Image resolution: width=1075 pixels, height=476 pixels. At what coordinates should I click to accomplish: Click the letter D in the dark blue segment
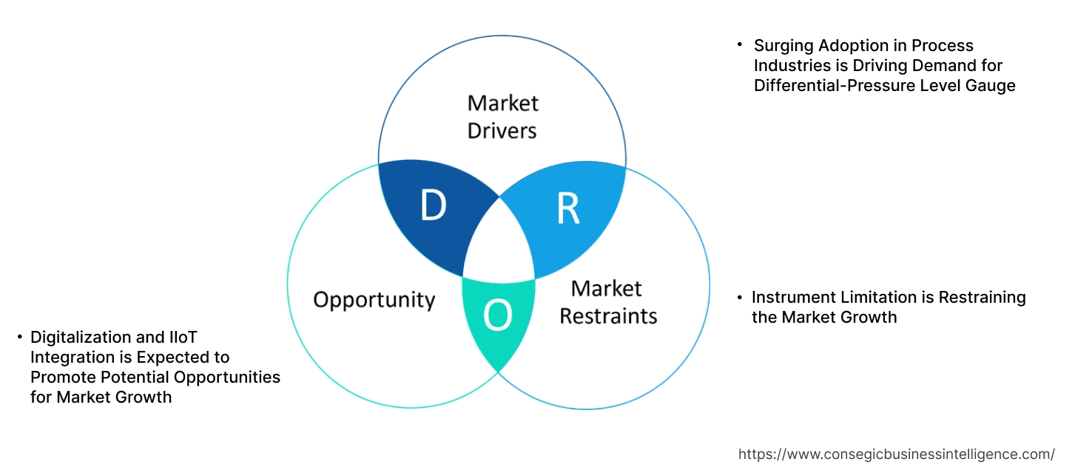[434, 206]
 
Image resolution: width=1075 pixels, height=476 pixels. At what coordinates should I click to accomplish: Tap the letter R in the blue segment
[567, 209]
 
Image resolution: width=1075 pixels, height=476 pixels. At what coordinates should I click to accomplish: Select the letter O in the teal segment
[497, 317]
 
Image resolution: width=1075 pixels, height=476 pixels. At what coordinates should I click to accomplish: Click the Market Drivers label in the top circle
[503, 116]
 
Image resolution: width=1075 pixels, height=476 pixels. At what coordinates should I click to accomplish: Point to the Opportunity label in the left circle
[374, 300]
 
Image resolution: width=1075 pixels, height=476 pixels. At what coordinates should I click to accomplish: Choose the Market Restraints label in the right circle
[607, 302]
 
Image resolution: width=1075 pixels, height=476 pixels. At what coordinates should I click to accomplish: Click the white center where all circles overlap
[500, 244]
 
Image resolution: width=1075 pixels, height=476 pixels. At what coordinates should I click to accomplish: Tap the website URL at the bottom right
[897, 455]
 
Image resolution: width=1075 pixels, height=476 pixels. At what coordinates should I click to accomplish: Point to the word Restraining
[983, 298]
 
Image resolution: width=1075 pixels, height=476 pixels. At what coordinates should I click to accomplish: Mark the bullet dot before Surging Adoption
[739, 45]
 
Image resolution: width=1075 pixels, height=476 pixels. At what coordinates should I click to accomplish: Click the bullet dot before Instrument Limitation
[739, 298]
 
